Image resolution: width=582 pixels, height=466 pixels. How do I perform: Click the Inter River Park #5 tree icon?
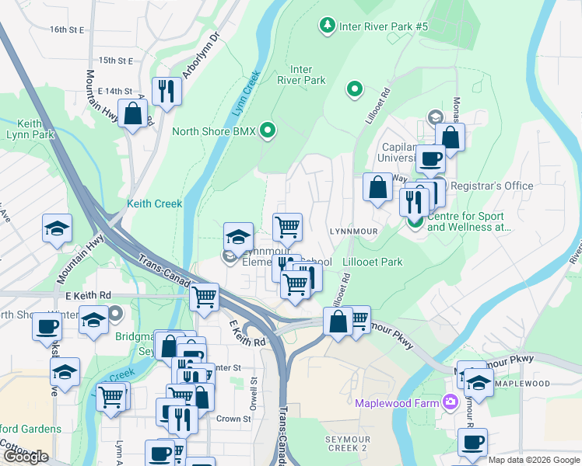pyautogui.click(x=328, y=27)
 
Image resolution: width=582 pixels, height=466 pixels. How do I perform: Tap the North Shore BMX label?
pyautogui.click(x=213, y=130)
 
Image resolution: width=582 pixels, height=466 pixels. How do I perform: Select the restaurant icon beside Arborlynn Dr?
pyautogui.click(x=166, y=91)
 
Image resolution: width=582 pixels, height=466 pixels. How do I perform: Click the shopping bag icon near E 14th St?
pyautogui.click(x=133, y=113)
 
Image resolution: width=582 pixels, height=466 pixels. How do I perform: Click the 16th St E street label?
pyautogui.click(x=66, y=30)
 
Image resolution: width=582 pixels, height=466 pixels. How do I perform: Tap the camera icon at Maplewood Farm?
pyautogui.click(x=450, y=402)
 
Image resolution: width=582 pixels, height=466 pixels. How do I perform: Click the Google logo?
pyautogui.click(x=25, y=457)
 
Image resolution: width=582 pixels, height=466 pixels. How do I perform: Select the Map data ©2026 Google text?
pyautogui.click(x=534, y=460)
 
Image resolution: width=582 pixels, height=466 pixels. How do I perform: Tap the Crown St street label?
pyautogui.click(x=233, y=419)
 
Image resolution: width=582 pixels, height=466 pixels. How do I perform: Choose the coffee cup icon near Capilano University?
pyautogui.click(x=429, y=158)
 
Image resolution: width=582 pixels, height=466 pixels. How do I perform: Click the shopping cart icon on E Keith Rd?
pyautogui.click(x=204, y=297)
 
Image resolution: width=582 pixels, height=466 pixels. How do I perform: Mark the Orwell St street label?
pyautogui.click(x=254, y=393)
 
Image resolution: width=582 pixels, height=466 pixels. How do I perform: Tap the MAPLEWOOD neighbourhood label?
pyautogui.click(x=522, y=384)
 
